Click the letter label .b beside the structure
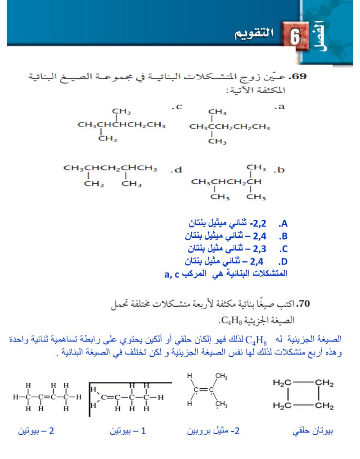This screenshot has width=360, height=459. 279,170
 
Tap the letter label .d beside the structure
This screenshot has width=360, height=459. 176,170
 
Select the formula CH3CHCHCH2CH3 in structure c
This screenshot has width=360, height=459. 121,125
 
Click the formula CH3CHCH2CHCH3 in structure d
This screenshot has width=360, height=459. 110,168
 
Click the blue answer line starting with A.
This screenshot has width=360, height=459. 238,223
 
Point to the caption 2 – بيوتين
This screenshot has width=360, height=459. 36,431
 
